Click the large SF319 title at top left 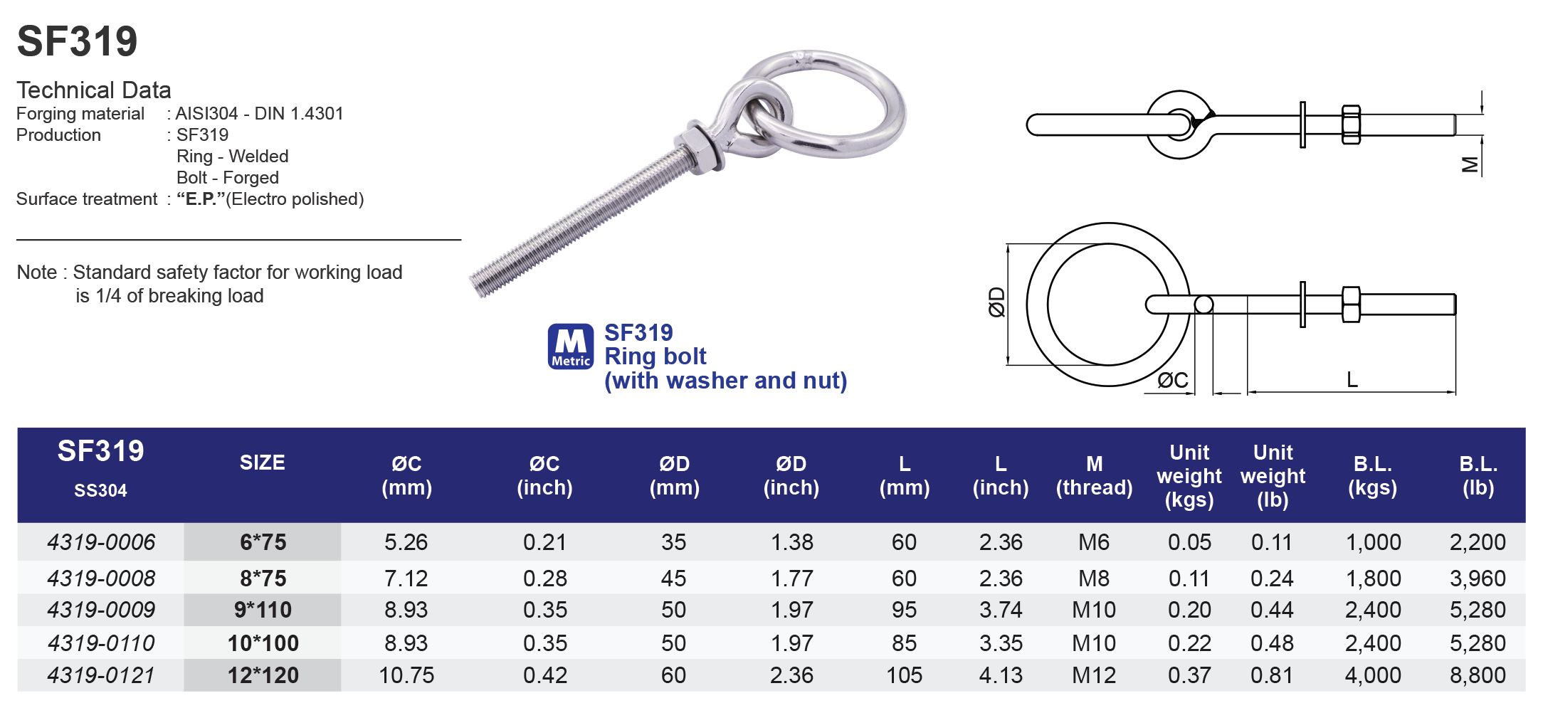(x=77, y=41)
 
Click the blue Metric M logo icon (x=570, y=347)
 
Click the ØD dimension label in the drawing (x=996, y=302)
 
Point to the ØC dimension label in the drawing (x=1171, y=381)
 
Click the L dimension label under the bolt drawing (x=1352, y=380)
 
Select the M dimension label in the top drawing (x=1469, y=165)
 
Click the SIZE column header (x=262, y=462)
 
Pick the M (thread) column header (x=1093, y=475)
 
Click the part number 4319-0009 (x=100, y=610)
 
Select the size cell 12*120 (x=263, y=675)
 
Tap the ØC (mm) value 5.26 (x=406, y=542)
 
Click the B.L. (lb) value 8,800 (x=1477, y=675)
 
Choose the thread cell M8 (x=1093, y=578)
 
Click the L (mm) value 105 (x=903, y=675)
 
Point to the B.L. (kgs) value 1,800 (x=1372, y=578)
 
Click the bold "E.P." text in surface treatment (x=200, y=199)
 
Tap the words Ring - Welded (x=232, y=157)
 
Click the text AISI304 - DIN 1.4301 (x=259, y=114)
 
